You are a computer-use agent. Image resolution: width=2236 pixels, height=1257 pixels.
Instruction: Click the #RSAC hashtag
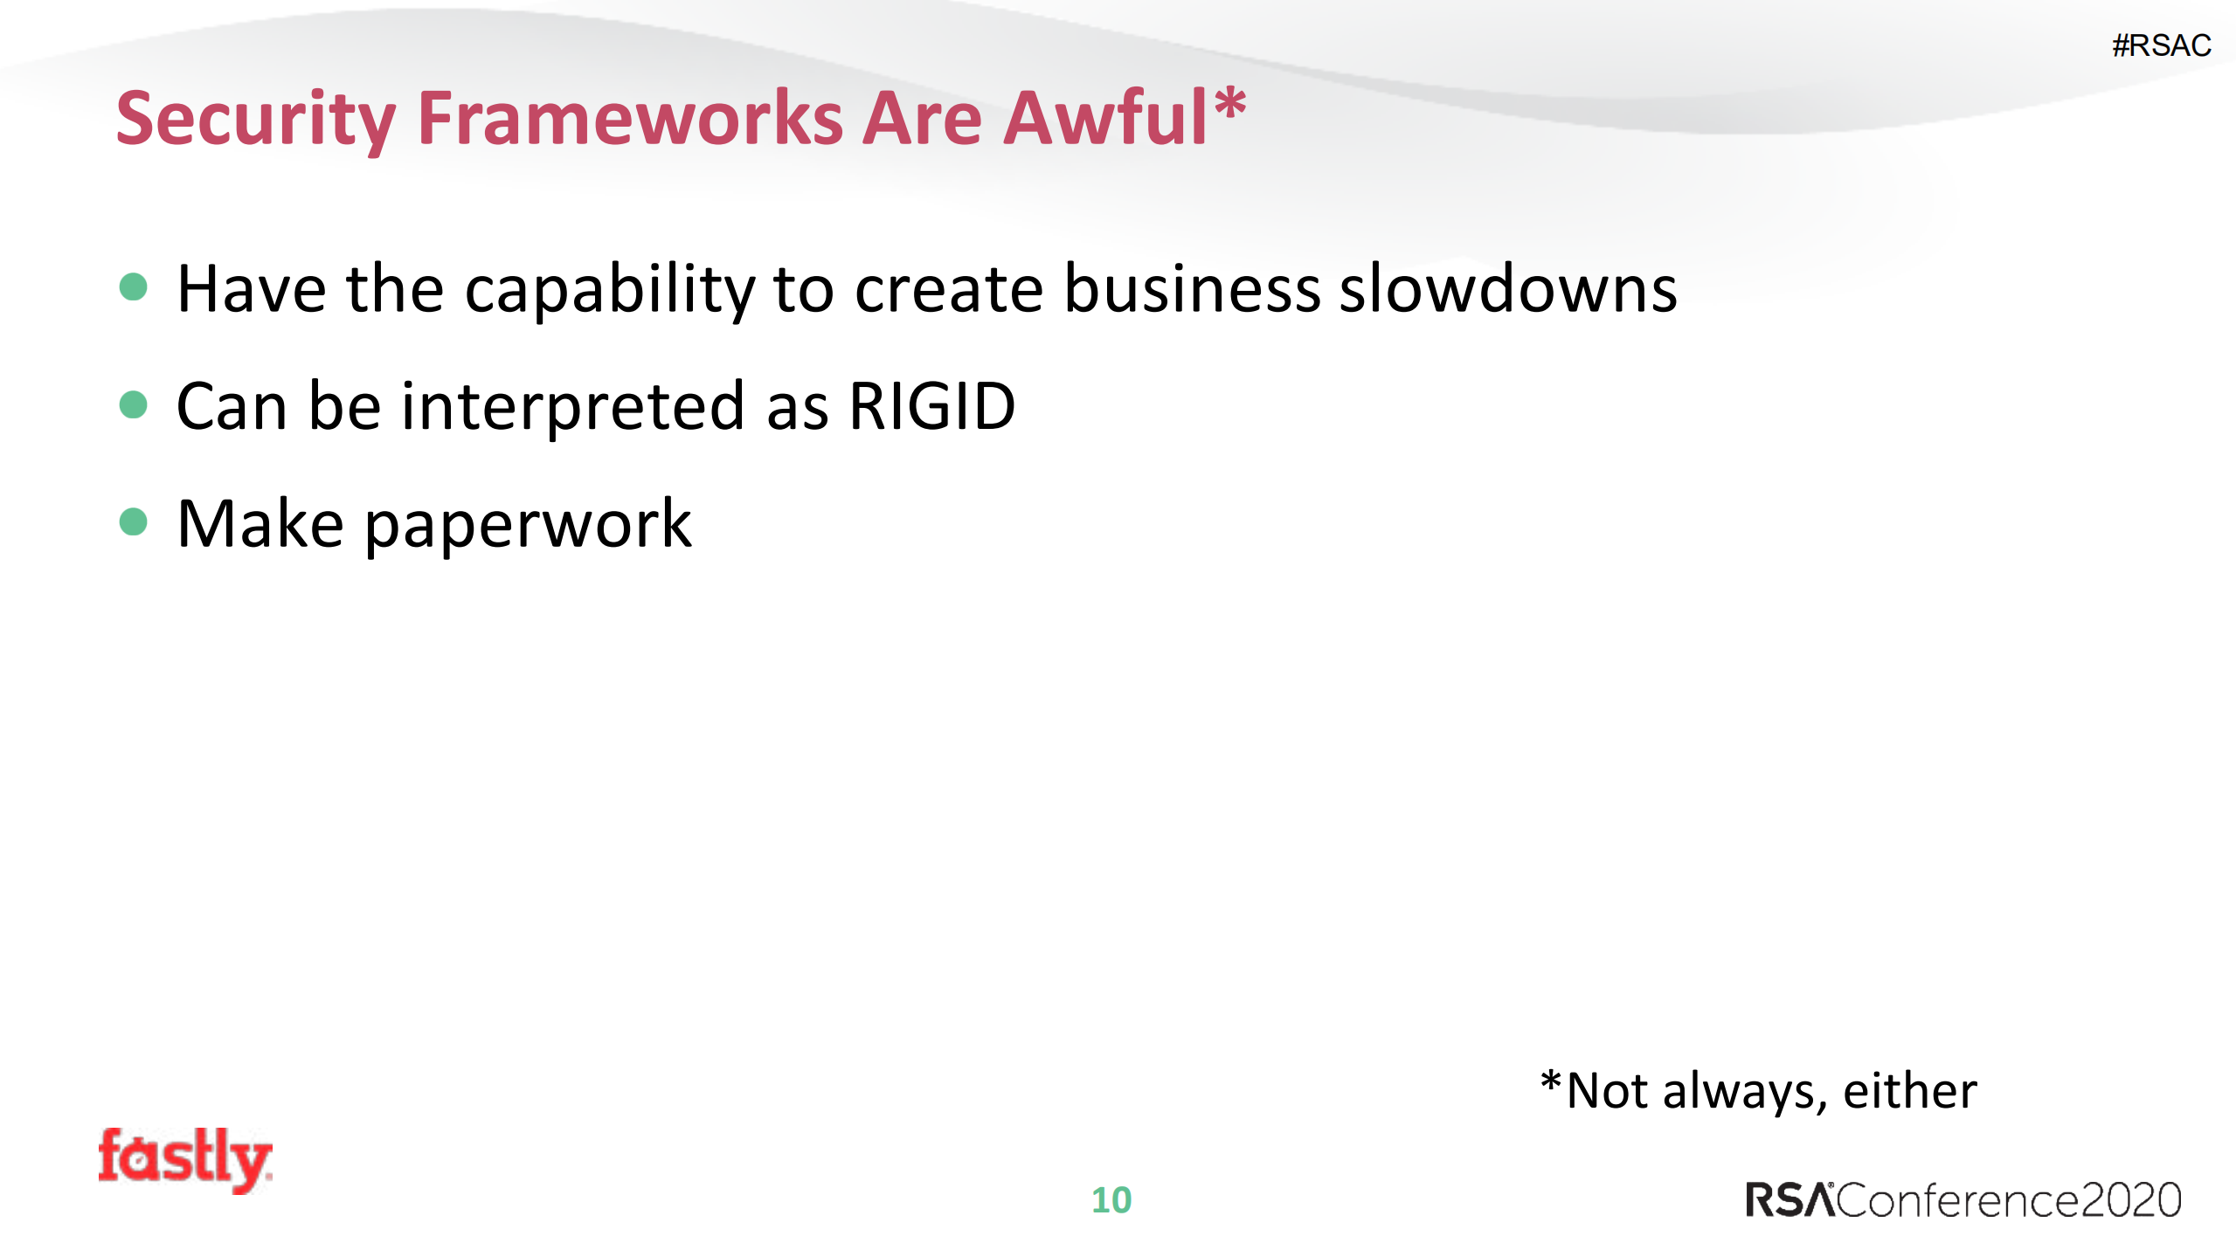tap(2161, 45)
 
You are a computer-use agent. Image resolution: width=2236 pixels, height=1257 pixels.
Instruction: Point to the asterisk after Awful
tap(1229, 105)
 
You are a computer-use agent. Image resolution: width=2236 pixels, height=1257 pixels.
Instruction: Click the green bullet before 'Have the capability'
tap(133, 287)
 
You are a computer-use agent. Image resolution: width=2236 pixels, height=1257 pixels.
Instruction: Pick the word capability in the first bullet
tap(610, 291)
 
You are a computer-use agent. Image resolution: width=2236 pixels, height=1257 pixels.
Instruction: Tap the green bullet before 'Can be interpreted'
tap(133, 404)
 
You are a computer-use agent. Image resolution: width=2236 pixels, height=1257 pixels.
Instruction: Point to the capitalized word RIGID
tap(931, 406)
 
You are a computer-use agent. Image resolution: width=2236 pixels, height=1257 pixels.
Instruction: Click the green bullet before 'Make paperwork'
tap(133, 521)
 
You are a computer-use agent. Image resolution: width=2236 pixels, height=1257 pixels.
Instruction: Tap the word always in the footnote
tap(1744, 1093)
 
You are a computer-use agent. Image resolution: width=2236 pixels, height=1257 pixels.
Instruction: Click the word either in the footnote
tap(1909, 1091)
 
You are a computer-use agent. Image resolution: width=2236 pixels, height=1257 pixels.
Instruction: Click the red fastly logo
tap(184, 1159)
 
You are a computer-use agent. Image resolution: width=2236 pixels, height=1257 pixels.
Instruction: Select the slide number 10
tap(1111, 1200)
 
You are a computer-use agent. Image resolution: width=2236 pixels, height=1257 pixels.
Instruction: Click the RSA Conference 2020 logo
tap(1963, 1200)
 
